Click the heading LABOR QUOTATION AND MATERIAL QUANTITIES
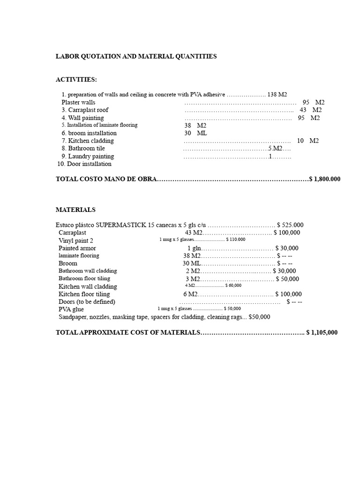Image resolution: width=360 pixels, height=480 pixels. tap(136, 56)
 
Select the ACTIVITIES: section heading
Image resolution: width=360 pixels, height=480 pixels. tap(76, 80)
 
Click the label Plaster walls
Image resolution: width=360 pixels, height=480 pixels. tap(78, 102)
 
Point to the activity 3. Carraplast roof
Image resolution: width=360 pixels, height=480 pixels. tap(85, 110)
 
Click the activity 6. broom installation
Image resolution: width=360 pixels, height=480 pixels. tap(89, 133)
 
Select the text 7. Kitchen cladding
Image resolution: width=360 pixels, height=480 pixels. tap(88, 141)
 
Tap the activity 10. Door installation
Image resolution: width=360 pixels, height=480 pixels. tap(84, 164)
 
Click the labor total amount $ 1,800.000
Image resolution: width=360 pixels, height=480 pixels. tap(325, 179)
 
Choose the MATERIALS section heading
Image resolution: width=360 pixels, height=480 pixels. tap(75, 210)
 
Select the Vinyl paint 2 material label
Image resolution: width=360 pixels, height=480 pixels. tap(76, 240)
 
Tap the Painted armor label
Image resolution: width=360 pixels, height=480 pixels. tap(77, 248)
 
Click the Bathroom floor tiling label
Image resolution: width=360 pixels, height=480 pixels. tap(84, 278)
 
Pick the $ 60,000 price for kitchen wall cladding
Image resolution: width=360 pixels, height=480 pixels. tap(233, 285)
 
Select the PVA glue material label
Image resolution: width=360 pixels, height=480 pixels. tap(70, 309)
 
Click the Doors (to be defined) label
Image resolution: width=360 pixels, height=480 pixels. tap(87, 301)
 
